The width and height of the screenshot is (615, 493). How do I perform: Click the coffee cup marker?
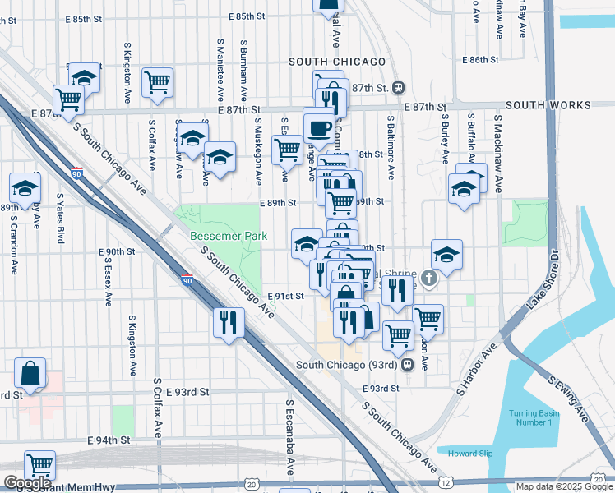319,128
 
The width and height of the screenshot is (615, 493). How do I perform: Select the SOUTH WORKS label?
548,106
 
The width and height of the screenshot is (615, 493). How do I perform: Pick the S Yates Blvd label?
61,219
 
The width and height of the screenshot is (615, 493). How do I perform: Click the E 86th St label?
481,60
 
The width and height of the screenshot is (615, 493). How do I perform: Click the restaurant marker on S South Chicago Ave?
229,321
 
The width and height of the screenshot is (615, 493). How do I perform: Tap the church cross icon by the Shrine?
430,279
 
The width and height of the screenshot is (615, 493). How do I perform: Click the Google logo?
26,483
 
